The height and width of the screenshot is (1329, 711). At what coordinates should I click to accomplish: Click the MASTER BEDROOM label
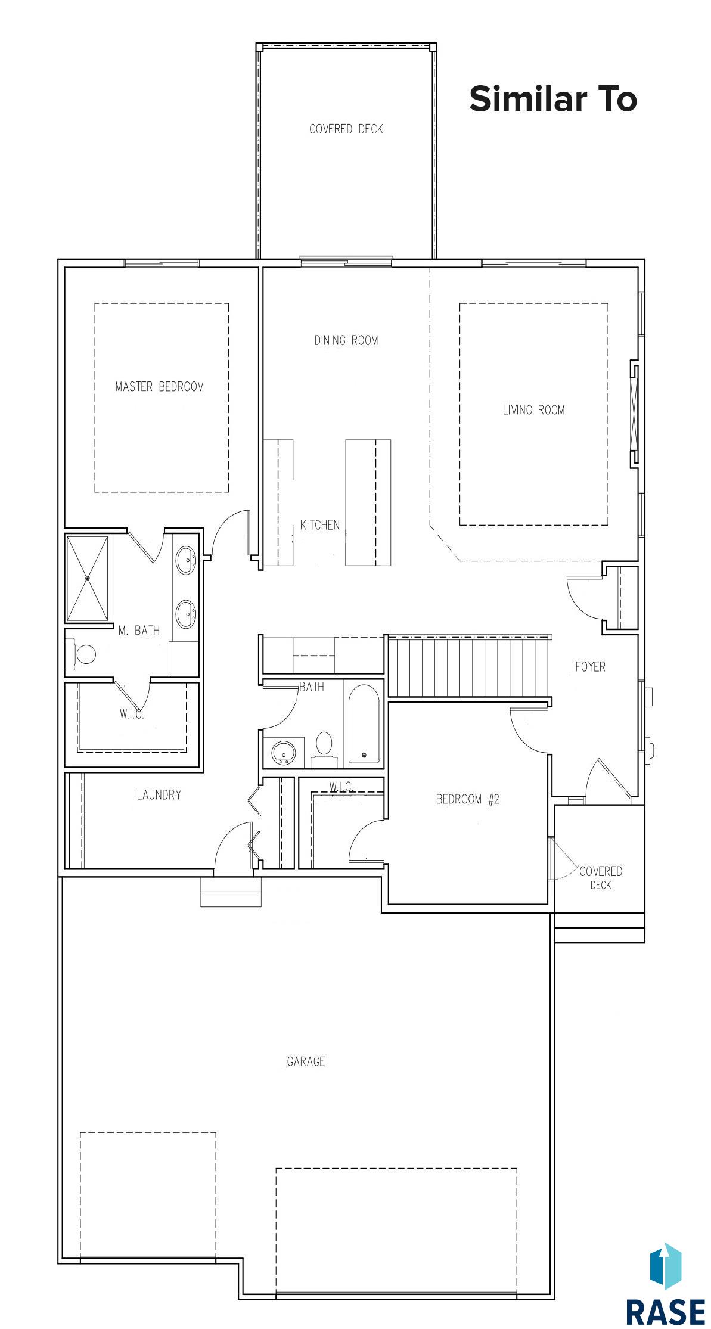160,387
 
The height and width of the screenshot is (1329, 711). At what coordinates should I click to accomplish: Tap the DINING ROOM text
346,340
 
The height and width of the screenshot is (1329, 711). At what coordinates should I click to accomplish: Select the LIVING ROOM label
533,410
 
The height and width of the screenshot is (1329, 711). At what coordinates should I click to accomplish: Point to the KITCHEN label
320,525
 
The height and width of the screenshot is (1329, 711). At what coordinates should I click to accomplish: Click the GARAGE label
306,1061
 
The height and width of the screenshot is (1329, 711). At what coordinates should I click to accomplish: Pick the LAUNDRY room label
159,794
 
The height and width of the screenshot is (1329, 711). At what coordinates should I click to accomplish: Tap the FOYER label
590,667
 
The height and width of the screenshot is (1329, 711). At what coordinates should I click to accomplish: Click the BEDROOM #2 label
468,799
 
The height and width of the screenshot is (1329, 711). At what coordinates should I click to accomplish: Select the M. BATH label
139,630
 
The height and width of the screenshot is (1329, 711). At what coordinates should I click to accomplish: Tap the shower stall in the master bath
88,579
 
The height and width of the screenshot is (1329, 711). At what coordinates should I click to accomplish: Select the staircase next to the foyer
469,666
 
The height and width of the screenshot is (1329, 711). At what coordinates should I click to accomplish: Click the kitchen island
368,502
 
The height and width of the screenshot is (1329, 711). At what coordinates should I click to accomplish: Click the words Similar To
553,99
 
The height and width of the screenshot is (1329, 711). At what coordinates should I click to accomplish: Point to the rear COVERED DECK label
346,129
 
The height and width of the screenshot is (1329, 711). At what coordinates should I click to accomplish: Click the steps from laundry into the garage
231,892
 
